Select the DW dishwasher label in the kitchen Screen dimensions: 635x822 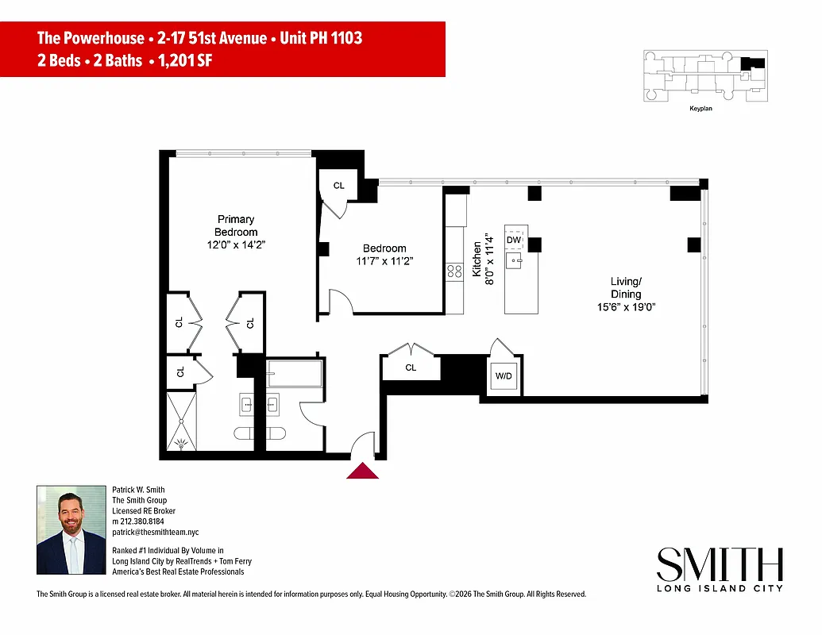(514, 240)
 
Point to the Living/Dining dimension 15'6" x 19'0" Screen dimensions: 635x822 (626, 307)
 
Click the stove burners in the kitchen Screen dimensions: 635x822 (455, 271)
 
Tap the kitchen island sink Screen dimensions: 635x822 (515, 260)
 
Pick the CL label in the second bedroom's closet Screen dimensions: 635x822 (339, 186)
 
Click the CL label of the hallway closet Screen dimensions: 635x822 (411, 368)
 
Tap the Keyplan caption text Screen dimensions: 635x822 (700, 109)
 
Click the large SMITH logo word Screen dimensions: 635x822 (720, 565)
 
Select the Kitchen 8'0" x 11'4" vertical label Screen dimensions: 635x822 (483, 260)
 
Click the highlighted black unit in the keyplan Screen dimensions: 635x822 (754, 63)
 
